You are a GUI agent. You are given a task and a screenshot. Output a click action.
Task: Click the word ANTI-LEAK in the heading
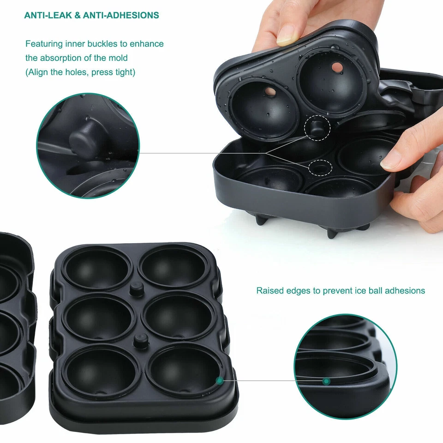[x=47, y=15]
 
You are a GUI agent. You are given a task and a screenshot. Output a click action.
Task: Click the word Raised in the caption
[x=270, y=291]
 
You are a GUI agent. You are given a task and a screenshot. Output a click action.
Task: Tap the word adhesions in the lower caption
[x=404, y=291]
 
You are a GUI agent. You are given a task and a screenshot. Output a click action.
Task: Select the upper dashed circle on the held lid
[x=317, y=127]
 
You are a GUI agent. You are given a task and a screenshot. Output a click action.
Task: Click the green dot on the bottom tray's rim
[x=220, y=380]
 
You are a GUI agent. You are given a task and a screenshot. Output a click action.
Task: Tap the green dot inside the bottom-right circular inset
[x=326, y=381]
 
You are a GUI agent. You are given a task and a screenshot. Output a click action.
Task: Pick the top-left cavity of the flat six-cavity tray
[x=97, y=268]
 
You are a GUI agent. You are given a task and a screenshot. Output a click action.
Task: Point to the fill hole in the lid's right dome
[x=337, y=67]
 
